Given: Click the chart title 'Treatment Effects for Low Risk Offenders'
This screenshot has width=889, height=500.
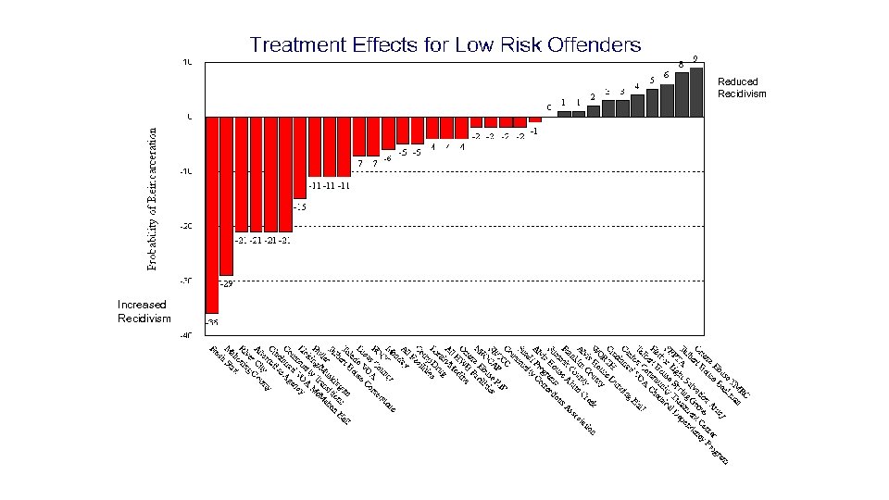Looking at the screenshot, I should pos(444,44).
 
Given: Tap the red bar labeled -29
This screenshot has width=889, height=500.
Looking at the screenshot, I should pos(227,195).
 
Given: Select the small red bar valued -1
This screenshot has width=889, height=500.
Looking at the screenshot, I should pos(535,119).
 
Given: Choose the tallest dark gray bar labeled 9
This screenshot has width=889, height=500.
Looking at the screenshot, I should pos(696,92).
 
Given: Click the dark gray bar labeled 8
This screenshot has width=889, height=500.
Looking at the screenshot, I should pos(682,94).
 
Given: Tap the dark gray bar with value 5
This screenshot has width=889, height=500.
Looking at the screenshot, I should pos(652,103).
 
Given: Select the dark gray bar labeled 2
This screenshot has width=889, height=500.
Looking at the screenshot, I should pos(594,110).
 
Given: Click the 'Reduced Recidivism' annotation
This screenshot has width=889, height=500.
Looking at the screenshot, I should pos(742,88).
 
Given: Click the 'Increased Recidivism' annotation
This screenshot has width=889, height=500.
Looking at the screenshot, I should pos(143,311).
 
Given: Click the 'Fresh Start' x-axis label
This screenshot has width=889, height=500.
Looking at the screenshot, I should pos(222,355).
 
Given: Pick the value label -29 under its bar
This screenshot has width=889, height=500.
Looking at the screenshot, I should pos(227,283).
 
